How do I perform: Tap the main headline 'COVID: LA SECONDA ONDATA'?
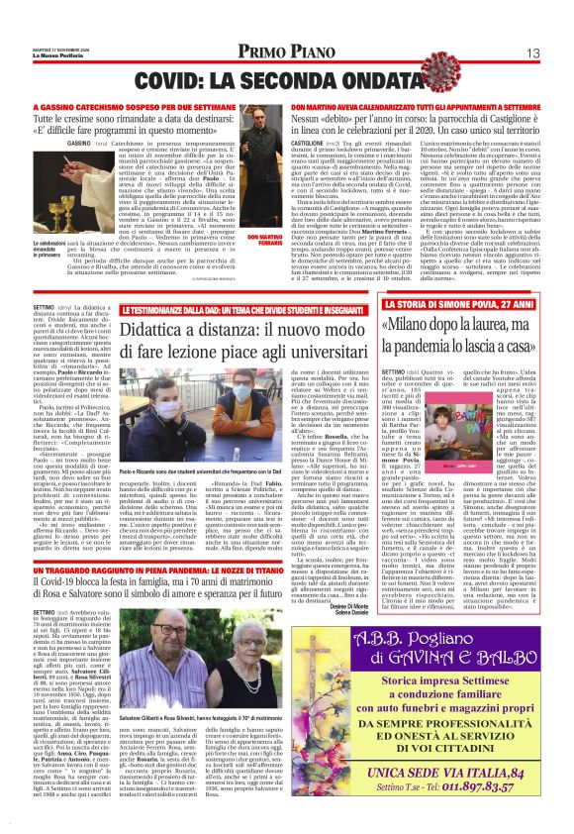tap(287, 78)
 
